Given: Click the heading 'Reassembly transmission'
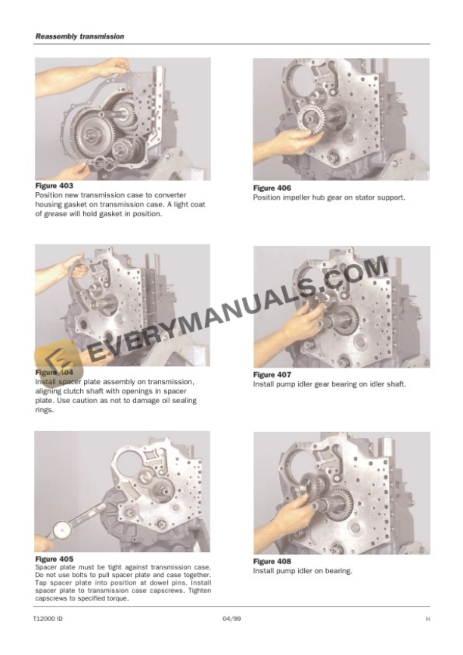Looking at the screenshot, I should pos(69,36).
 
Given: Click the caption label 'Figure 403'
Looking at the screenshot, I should pos(54,185).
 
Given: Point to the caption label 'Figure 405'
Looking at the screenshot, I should pos(54,560).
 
